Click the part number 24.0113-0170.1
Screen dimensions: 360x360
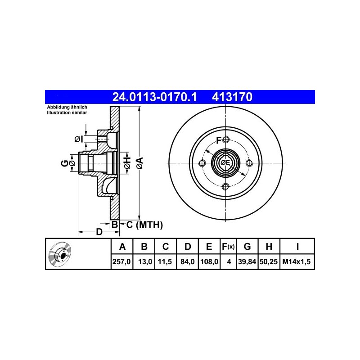[x=154, y=97]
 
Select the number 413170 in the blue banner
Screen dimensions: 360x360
[x=232, y=97]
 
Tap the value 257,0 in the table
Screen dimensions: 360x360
[x=121, y=261]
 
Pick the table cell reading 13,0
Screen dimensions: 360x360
[x=145, y=261]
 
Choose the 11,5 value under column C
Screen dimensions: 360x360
[x=165, y=261]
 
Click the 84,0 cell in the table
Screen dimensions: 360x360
[x=187, y=261]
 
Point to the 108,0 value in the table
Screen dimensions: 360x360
[x=209, y=261]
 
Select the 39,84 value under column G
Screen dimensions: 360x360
[x=247, y=261]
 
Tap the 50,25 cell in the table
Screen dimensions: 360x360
[x=269, y=261]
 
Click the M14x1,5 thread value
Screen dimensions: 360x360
[x=297, y=261]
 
